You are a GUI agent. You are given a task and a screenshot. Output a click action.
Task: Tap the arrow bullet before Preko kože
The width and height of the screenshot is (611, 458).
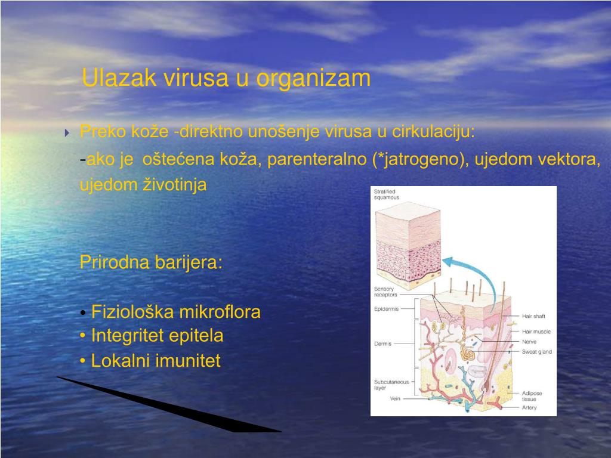click(67, 132)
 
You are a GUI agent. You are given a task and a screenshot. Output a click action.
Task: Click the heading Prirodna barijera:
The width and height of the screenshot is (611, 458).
click(151, 262)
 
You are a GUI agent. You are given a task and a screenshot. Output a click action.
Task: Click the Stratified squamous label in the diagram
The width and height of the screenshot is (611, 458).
click(387, 194)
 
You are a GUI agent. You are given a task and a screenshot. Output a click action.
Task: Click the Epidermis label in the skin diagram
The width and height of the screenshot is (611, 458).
click(386, 309)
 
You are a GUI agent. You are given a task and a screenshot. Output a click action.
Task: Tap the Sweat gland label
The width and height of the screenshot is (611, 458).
click(536, 352)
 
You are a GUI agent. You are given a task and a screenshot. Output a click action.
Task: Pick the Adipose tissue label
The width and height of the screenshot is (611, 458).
click(532, 396)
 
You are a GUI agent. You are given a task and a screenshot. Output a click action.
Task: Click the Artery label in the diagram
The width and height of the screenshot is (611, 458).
click(529, 408)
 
